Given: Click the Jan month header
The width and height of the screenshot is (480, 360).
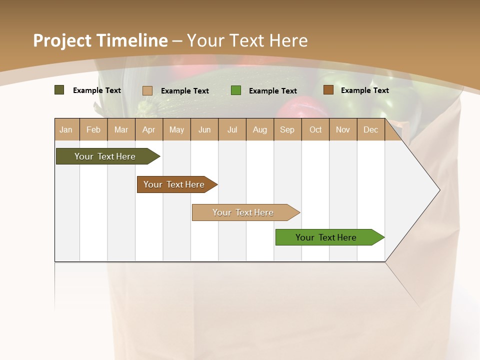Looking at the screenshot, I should click(66, 129).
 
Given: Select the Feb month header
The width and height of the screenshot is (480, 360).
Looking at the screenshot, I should click(93, 129).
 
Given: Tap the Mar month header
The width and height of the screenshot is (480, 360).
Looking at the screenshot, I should click(121, 129).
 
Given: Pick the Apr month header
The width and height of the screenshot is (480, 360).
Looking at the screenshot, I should click(149, 129).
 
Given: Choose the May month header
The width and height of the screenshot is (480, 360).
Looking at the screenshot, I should click(176, 129).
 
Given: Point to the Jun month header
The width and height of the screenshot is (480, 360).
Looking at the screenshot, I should click(204, 129).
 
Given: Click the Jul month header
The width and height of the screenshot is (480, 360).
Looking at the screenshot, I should click(232, 129).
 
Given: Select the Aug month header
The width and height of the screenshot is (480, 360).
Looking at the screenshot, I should click(260, 129).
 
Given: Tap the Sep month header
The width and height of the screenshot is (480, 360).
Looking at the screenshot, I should click(287, 129).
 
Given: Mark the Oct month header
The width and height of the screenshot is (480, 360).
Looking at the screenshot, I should click(315, 129).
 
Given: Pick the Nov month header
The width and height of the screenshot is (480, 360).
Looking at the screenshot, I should click(343, 129).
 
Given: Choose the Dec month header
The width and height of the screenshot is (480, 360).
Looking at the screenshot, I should click(371, 129).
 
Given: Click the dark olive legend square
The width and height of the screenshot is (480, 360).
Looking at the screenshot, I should click(59, 90).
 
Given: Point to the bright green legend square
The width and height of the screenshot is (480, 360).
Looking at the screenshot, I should click(236, 90).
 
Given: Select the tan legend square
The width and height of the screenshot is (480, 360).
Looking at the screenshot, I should click(147, 90).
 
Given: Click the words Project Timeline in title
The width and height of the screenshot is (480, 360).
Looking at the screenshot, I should click(100, 40).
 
